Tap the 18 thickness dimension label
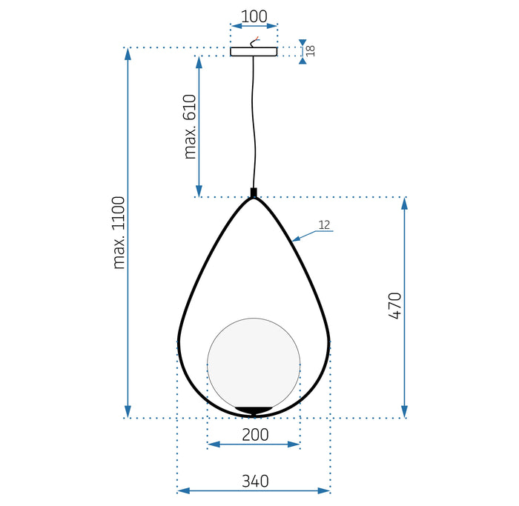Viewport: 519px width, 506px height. (311, 51)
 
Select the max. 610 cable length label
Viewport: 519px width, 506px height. (190, 127)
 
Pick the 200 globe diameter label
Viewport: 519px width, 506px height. (254, 435)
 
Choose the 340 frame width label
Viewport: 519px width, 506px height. (254, 481)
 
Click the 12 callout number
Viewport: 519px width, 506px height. (324, 224)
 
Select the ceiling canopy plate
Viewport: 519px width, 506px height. (254, 52)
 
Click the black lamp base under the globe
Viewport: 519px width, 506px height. (254, 410)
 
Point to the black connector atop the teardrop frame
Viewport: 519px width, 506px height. (254, 193)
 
